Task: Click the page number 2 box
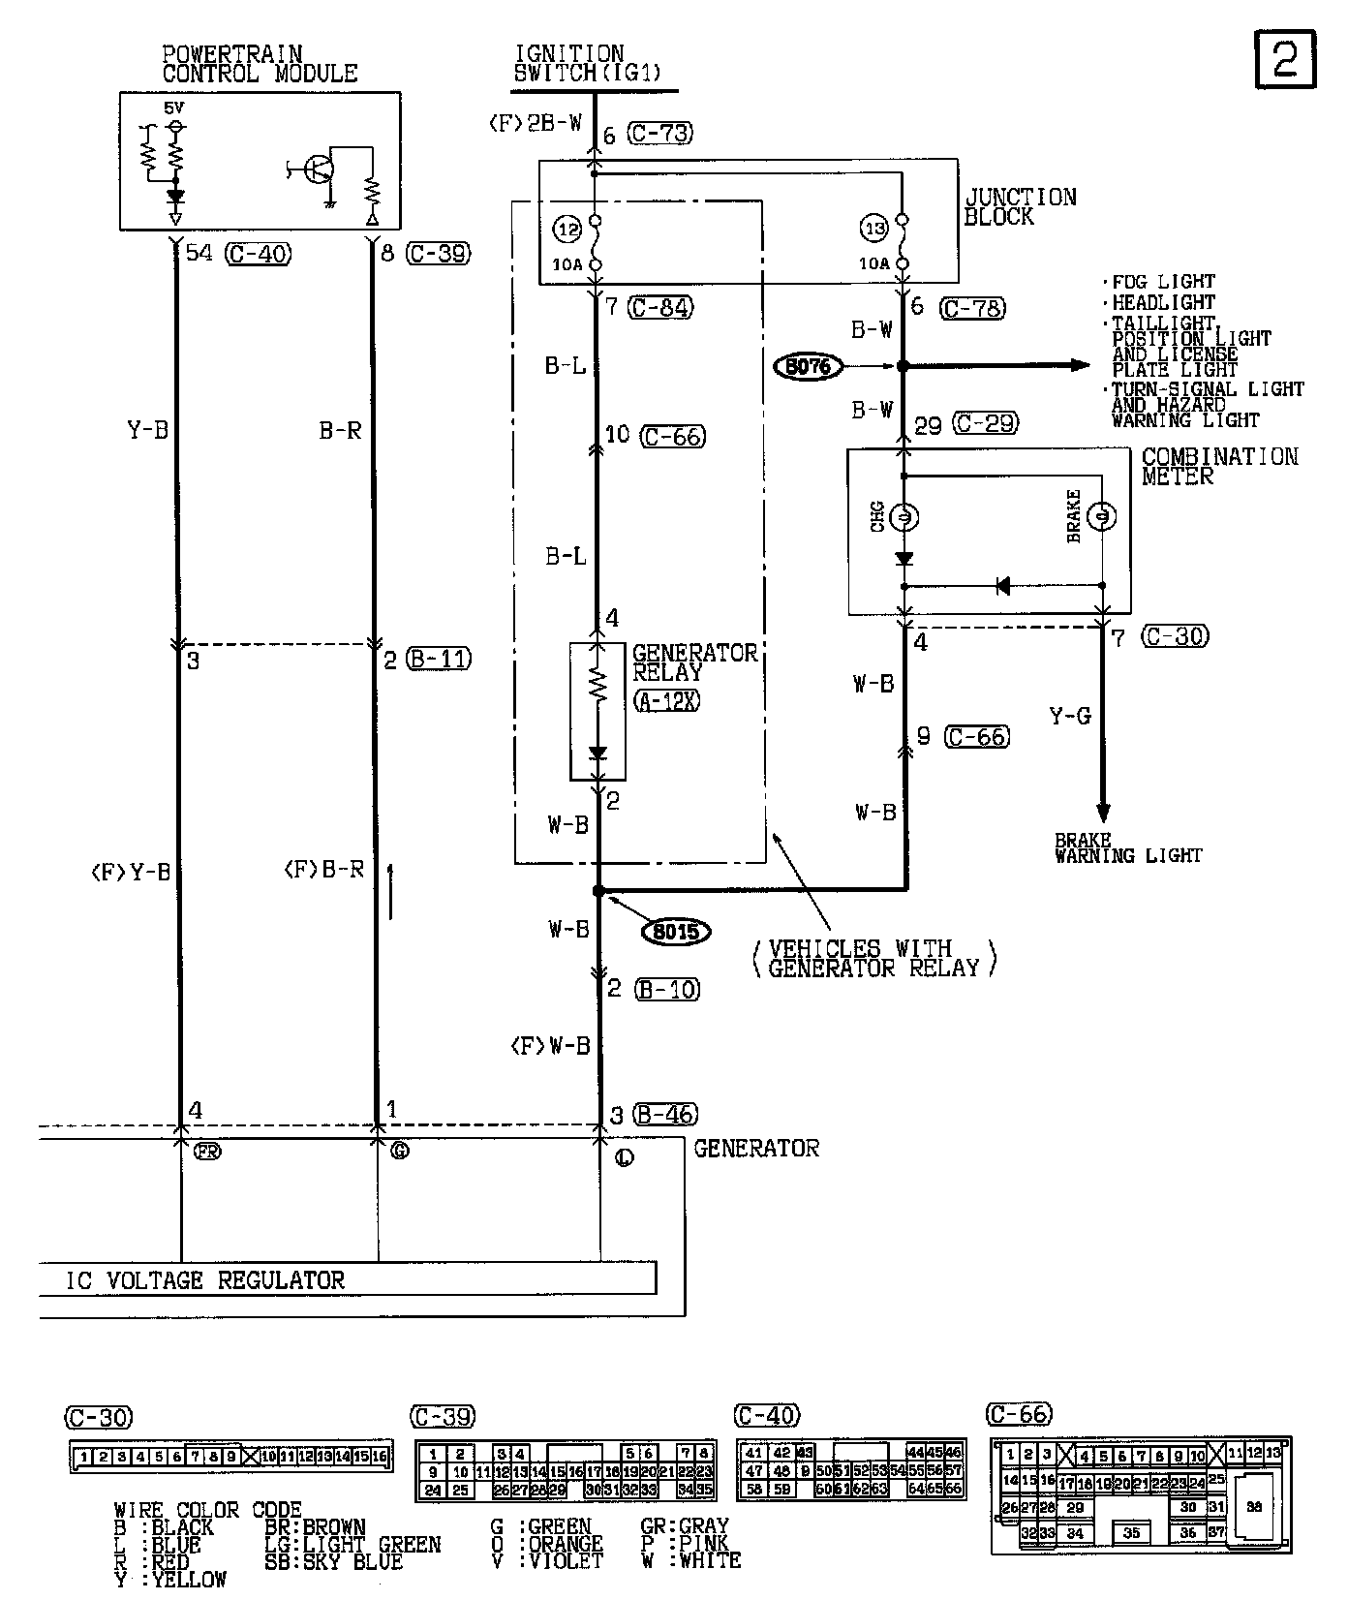pos(1285,58)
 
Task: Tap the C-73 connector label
pos(660,133)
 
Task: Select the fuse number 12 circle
pos(567,229)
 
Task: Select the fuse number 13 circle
pos(874,229)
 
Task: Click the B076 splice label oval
pos(809,367)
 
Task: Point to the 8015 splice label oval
pos(677,932)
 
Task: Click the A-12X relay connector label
pos(666,700)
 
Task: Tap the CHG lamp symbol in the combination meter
pos(904,517)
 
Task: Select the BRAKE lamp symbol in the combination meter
pos(1102,517)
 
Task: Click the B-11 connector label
pos(439,660)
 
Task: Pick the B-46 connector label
pos(666,1115)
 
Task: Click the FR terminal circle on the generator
pos(207,1152)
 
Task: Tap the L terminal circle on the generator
pos(625,1156)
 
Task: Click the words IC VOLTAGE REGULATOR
pos(205,1280)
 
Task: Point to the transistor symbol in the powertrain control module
pos(317,170)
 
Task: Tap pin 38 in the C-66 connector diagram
pos(1254,1507)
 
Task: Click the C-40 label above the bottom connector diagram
pos(767,1416)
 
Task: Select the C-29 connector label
pos(984,423)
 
